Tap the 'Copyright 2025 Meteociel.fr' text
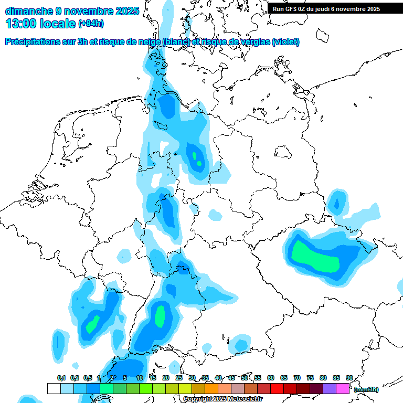(222, 399)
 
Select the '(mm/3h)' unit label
(366, 389)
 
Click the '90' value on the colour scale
(349, 378)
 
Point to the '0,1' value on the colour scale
(61, 378)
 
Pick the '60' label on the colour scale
(271, 378)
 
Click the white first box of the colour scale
(54, 388)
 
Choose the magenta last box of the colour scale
(343, 388)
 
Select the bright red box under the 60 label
(277, 388)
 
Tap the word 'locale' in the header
(58, 24)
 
